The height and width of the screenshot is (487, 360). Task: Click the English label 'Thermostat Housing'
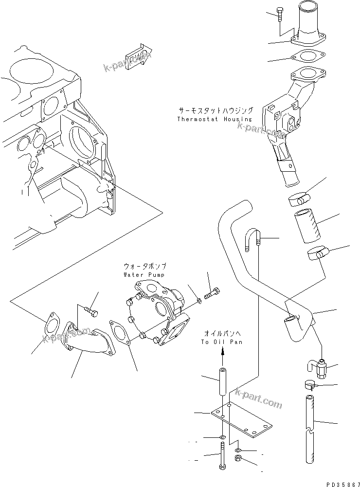[215, 119]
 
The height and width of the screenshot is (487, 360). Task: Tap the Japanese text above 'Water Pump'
[144, 267]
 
